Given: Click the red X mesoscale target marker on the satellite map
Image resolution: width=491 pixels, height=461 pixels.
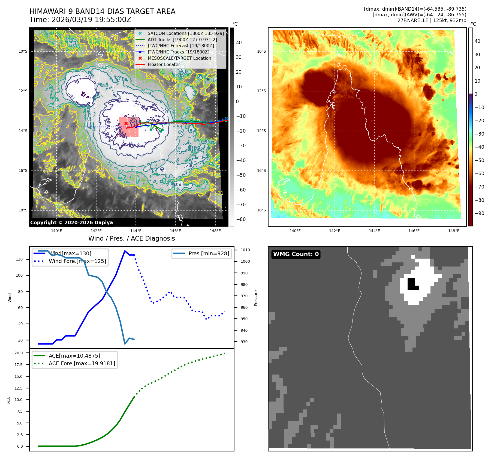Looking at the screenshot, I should [x=126, y=124].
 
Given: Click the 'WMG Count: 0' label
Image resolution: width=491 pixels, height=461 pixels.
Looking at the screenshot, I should [x=296, y=254].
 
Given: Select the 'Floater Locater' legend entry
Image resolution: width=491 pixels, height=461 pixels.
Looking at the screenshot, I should [x=164, y=65].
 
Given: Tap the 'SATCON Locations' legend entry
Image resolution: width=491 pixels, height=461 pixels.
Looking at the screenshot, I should [x=186, y=34].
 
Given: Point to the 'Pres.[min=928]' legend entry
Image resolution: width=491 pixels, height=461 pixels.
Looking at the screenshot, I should [x=209, y=254].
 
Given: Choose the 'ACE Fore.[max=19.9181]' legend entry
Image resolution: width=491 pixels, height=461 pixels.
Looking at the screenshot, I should [x=82, y=363].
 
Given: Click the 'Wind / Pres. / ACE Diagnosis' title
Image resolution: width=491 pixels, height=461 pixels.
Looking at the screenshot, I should [x=131, y=238].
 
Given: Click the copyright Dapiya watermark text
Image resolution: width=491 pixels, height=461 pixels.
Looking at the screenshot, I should [x=71, y=223].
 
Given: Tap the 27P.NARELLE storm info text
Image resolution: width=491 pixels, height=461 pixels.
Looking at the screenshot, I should [x=432, y=20].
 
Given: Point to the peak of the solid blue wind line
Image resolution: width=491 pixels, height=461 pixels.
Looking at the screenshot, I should [x=125, y=251].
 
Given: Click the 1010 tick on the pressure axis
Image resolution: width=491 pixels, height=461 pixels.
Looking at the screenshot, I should [x=245, y=250].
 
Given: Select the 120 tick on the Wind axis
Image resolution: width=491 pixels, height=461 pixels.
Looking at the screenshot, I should [x=19, y=259].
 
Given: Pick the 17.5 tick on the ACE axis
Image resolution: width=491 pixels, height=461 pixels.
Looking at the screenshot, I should [x=19, y=365].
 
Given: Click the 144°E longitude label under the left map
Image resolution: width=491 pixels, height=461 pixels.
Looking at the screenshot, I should [x=136, y=231].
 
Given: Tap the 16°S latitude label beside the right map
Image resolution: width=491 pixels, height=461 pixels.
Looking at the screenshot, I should [x=261, y=171].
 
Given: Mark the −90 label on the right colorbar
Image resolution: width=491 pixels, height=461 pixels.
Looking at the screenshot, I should [x=479, y=213].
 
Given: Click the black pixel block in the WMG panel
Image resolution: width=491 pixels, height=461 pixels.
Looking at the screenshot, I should [x=412, y=284].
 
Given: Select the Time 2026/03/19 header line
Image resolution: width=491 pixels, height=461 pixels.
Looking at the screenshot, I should [x=80, y=20].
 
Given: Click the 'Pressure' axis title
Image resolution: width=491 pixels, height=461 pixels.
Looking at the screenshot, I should [x=256, y=298].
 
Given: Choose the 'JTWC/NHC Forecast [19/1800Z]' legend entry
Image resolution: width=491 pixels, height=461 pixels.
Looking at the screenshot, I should [x=181, y=46].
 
